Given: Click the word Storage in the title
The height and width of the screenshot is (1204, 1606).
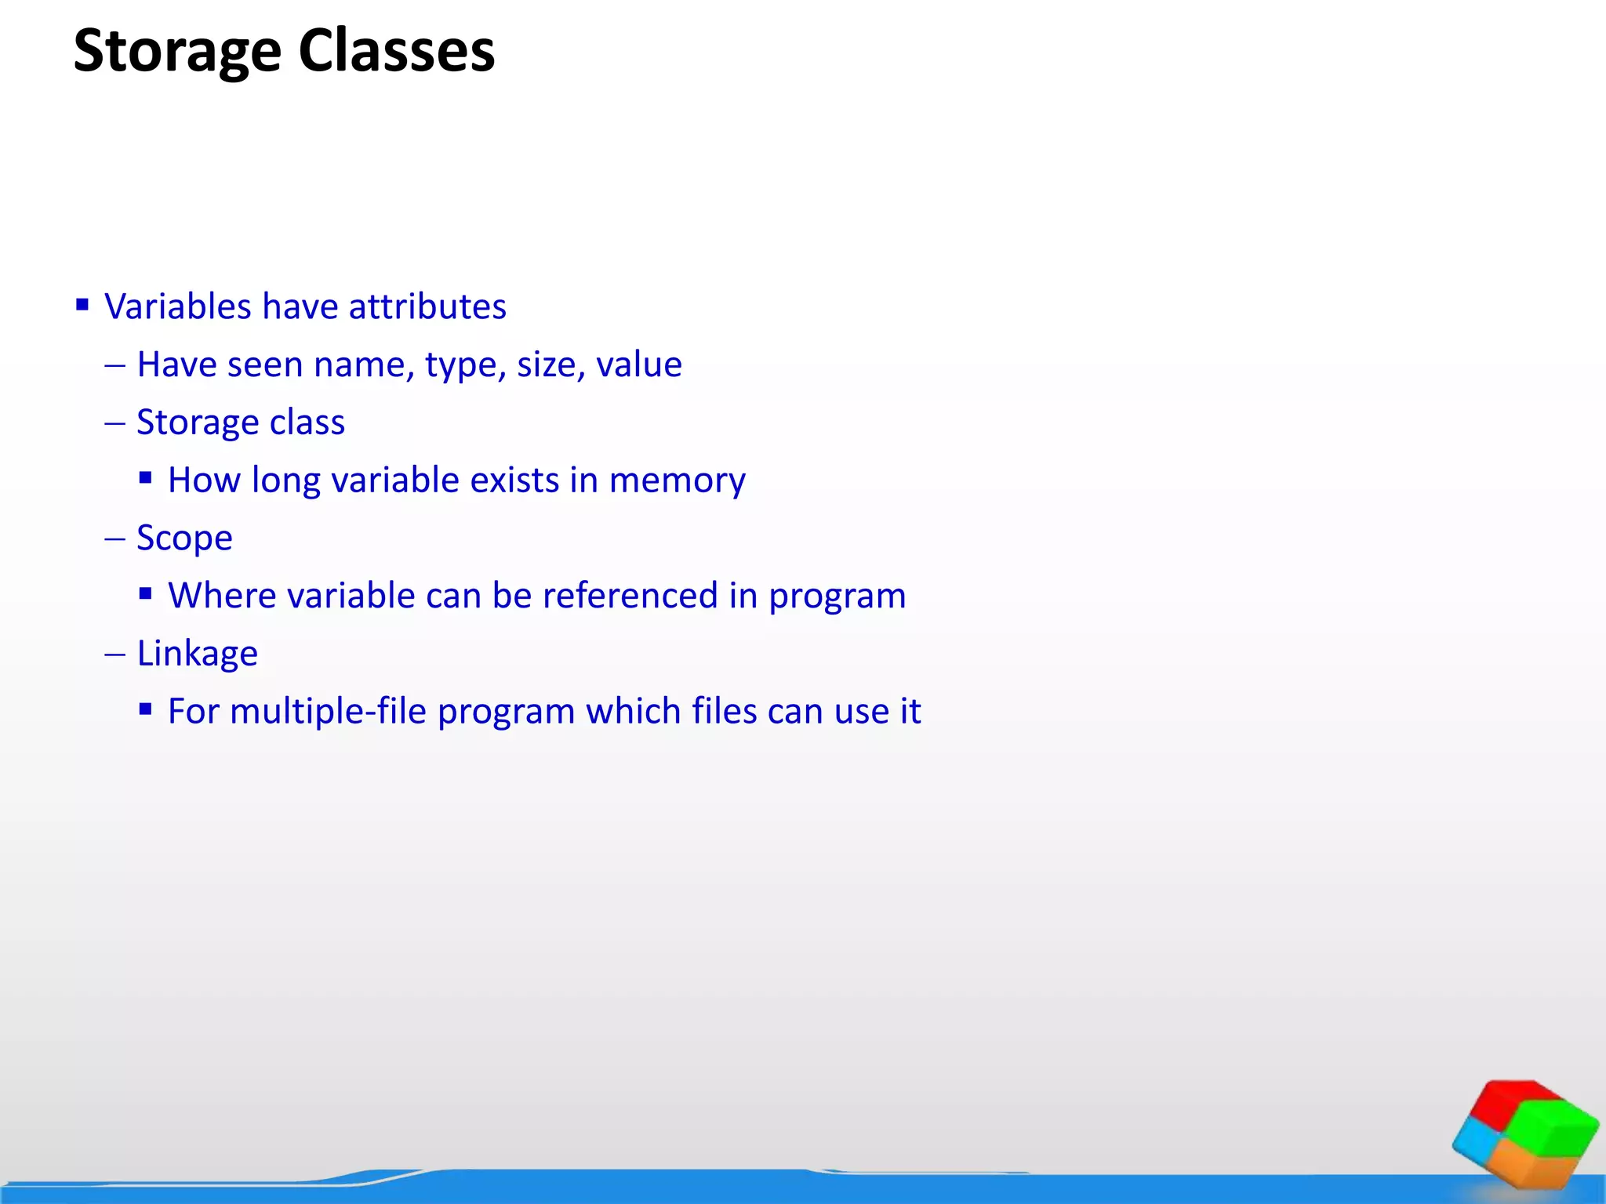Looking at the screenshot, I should click(177, 52).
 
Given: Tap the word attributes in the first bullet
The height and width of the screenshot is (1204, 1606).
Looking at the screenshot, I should click(427, 306).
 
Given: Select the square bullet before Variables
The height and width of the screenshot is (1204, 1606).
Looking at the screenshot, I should click(82, 304).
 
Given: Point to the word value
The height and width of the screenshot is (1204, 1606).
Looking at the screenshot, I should click(638, 364).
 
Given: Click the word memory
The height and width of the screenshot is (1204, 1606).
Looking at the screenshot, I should click(677, 481).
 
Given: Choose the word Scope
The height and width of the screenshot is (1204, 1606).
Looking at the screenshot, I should click(184, 539).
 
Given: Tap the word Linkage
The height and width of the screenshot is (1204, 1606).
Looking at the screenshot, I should click(197, 654).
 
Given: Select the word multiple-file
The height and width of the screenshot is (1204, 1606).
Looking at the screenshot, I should click(328, 712).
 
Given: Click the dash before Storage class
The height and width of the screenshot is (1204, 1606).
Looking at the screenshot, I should click(114, 423).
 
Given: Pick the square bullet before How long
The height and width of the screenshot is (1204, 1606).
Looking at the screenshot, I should click(145, 478).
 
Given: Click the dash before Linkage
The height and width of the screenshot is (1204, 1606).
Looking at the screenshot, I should click(114, 655).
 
